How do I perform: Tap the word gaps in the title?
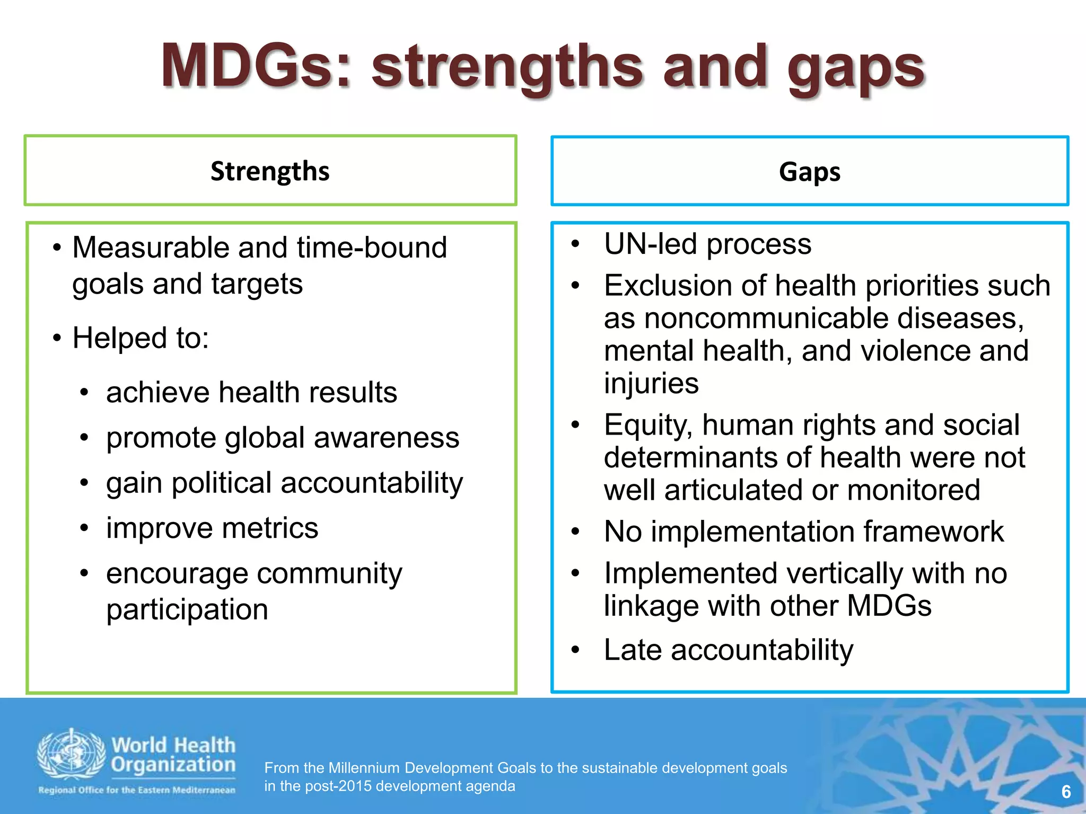point(856,69)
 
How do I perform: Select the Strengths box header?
point(270,171)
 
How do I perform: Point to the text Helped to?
point(141,338)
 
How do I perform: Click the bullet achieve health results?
point(251,393)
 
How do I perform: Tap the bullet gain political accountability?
point(284,483)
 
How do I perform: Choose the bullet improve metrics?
point(212,528)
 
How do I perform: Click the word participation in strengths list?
point(187,609)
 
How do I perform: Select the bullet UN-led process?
point(707,244)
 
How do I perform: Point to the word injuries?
point(651,384)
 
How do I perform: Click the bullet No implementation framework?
point(803,532)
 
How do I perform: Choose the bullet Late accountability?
point(729,650)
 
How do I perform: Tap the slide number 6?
point(1066,792)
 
